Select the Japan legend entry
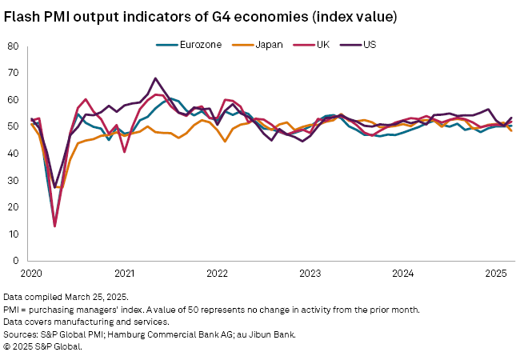click(x=267, y=44)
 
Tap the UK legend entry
click(x=323, y=44)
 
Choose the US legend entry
click(x=370, y=44)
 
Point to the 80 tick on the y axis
click(x=14, y=46)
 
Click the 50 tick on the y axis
click(x=14, y=126)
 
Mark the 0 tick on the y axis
click(x=16, y=261)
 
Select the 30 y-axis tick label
click(x=14, y=180)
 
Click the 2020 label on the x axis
click(x=30, y=273)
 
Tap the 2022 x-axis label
click(x=218, y=273)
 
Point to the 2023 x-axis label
click(x=310, y=273)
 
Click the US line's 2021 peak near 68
click(x=155, y=78)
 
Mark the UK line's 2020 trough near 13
click(x=54, y=226)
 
